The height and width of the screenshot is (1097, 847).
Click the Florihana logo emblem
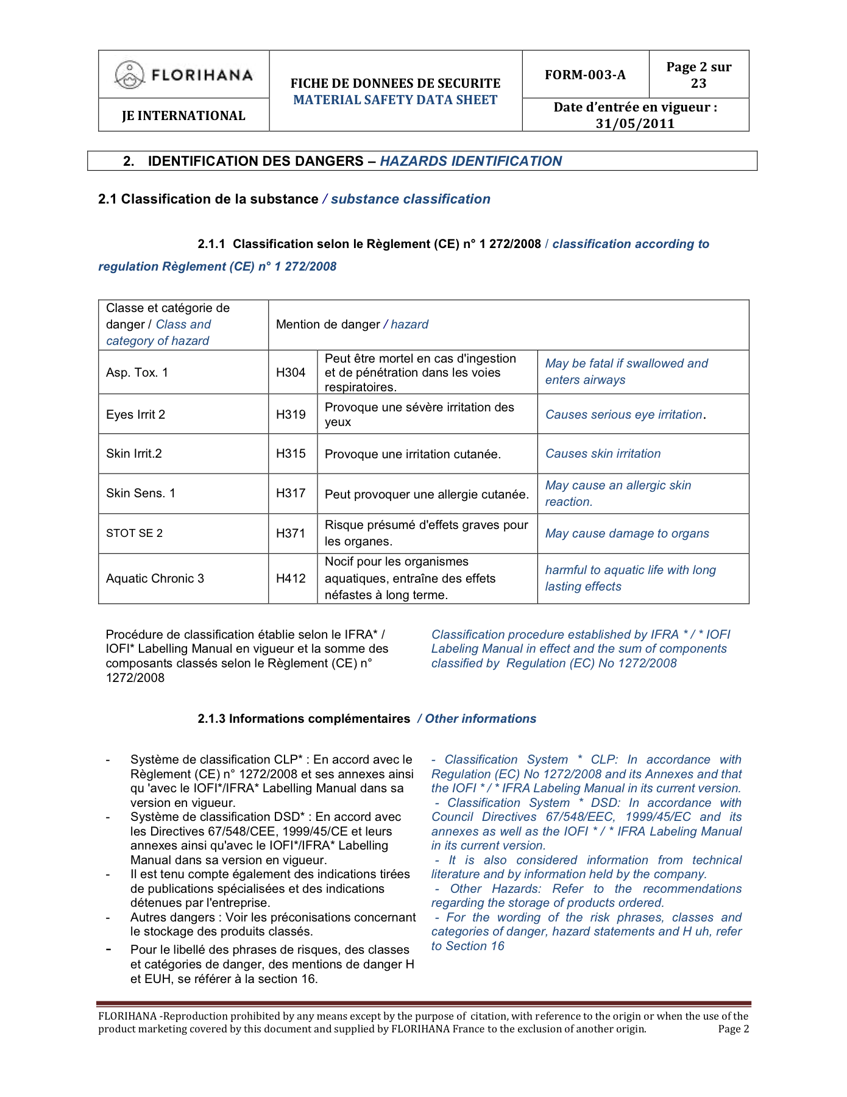pos(129,75)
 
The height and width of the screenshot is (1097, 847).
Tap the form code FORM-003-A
pos(585,75)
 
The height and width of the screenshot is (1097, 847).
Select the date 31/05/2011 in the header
pos(635,124)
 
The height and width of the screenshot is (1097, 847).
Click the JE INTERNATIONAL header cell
pos(183,116)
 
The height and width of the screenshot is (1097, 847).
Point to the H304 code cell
pos(291,372)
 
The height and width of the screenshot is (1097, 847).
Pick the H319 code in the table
pos(291,414)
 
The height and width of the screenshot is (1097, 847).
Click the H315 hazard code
pos(291,453)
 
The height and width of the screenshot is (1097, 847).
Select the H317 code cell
pos(291,493)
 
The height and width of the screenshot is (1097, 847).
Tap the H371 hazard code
pos(291,533)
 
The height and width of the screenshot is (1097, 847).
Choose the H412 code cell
pos(291,578)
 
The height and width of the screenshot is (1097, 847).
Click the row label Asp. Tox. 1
pos(137,372)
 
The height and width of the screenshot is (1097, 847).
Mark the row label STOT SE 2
pos(135,533)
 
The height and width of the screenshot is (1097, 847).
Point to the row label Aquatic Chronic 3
pos(155,578)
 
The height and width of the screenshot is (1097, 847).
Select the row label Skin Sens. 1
pos(141,493)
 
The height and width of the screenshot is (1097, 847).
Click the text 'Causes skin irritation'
pos(603,453)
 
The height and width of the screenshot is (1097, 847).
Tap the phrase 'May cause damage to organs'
pos(627,533)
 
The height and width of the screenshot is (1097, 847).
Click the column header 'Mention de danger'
pos(328,324)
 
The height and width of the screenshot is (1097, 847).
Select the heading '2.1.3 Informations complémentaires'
pos(303,719)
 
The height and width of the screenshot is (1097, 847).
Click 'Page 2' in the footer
pos(733,1029)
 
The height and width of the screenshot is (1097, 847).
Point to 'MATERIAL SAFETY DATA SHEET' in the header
pos(395,100)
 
